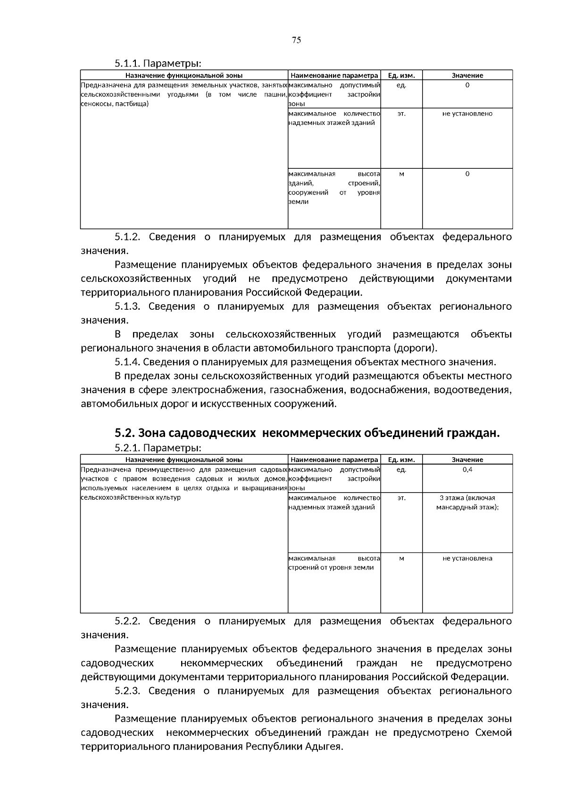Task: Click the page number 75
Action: pos(296,40)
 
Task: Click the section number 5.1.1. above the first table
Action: pos(127,63)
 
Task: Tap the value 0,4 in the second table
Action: pos(467,470)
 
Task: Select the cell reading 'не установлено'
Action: pos(467,114)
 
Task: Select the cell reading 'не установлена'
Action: pos(467,558)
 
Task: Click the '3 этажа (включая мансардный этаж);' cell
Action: pos(467,503)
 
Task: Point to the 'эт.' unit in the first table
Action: pos(401,114)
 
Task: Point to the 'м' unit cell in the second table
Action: pos(401,558)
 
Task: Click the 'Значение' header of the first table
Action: pos(467,75)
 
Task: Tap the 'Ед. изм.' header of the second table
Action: pos(401,460)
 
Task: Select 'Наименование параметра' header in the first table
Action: pos(334,75)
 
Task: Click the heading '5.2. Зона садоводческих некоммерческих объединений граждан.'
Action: pos(307,433)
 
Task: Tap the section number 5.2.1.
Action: pos(127,447)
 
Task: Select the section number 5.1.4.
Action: pos(127,362)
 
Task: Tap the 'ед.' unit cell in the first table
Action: pos(401,85)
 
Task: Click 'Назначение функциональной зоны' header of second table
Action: pos(184,460)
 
